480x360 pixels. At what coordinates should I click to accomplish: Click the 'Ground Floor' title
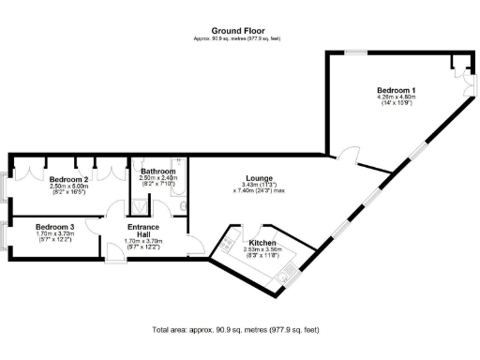[x=237, y=30]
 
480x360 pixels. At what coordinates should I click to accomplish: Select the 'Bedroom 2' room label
[x=69, y=178]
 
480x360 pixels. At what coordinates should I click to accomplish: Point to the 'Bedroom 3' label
[x=54, y=226]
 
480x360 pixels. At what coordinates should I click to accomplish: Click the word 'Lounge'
[x=258, y=177]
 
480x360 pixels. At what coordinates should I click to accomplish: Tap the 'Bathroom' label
[x=157, y=172]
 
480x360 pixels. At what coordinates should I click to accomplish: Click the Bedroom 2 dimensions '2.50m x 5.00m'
[x=68, y=186]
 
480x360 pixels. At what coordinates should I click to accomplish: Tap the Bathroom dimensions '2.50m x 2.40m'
[x=157, y=178]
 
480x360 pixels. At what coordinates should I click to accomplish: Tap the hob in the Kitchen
[x=228, y=245]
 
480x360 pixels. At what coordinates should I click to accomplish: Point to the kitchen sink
[x=292, y=271]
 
